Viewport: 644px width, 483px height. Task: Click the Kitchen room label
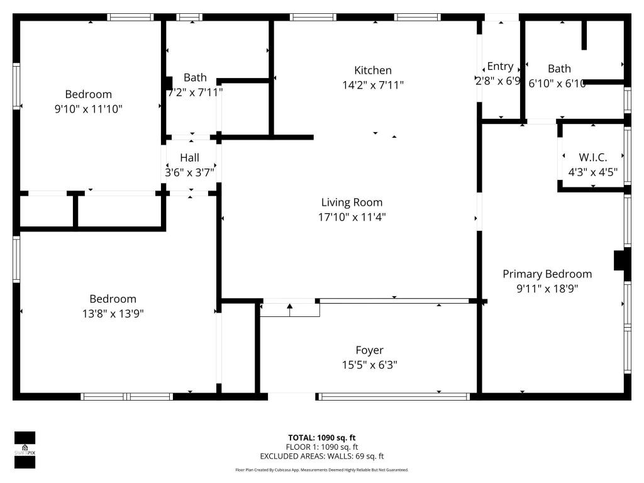click(x=372, y=70)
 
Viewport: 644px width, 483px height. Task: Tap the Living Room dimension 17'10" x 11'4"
click(x=352, y=217)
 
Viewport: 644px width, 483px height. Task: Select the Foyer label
click(x=369, y=350)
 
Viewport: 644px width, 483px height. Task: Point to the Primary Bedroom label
click(x=547, y=274)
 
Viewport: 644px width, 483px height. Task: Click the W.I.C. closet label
click(x=592, y=157)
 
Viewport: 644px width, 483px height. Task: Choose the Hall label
click(x=189, y=157)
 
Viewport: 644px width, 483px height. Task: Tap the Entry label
click(x=500, y=67)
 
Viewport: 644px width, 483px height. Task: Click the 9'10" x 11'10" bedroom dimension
click(x=88, y=109)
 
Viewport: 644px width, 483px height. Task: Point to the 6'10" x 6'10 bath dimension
click(x=557, y=84)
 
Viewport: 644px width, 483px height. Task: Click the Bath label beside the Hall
click(x=195, y=77)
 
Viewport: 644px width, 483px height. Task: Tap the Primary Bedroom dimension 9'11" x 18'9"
click(x=547, y=289)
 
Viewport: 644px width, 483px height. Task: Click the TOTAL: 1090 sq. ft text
click(x=321, y=438)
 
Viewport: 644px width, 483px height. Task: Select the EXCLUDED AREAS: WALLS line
click(x=321, y=457)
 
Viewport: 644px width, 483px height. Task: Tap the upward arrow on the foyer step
click(x=290, y=308)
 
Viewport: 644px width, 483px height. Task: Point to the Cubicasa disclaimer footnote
click(x=321, y=470)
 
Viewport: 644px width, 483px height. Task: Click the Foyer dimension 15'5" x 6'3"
click(x=369, y=365)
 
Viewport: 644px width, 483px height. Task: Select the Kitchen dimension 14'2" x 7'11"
click(x=372, y=85)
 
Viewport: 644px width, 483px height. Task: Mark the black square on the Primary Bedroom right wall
click(x=621, y=260)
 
